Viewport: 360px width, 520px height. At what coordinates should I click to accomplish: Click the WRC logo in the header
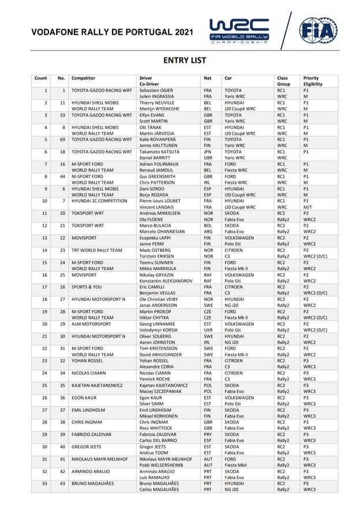point(239,30)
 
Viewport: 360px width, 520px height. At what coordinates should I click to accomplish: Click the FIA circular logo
point(318,30)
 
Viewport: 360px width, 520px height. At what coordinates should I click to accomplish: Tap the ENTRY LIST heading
point(184,60)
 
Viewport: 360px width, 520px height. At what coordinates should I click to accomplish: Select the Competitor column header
point(83,78)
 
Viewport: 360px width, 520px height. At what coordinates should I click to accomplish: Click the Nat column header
point(207,78)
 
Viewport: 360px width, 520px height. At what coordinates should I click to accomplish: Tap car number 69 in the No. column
point(61,139)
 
